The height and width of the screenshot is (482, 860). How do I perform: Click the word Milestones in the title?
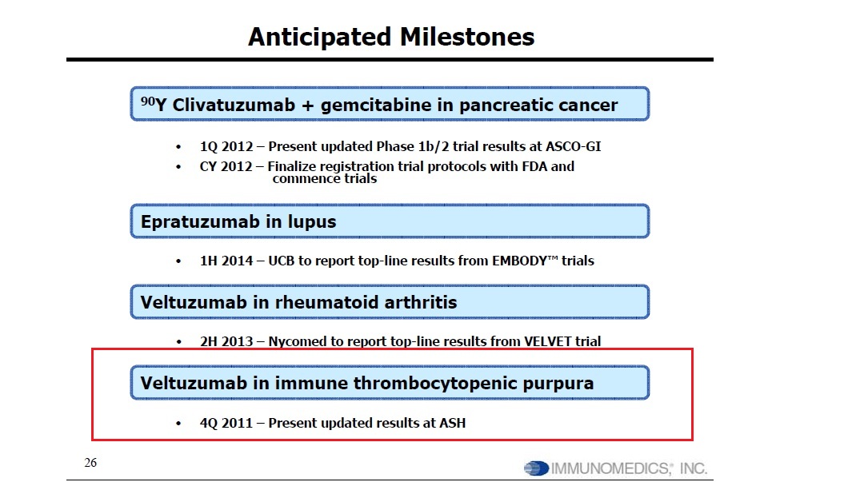pos(466,38)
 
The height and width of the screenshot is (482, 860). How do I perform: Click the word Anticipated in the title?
pos(320,38)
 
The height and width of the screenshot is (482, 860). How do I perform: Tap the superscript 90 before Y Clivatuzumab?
pos(147,101)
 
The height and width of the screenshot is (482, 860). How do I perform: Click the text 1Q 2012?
pos(226,147)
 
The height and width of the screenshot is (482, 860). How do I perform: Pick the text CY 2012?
pos(226,166)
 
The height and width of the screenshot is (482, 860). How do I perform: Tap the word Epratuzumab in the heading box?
pos(201,222)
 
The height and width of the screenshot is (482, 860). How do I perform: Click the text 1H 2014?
pos(226,261)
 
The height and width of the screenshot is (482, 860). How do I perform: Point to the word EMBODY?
pos(519,261)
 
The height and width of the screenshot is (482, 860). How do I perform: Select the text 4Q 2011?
pos(226,423)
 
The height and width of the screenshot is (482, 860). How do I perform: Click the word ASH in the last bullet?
pos(453,423)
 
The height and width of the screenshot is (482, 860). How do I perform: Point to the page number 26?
pos(90,463)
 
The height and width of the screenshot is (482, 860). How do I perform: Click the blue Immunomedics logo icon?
pos(537,468)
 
